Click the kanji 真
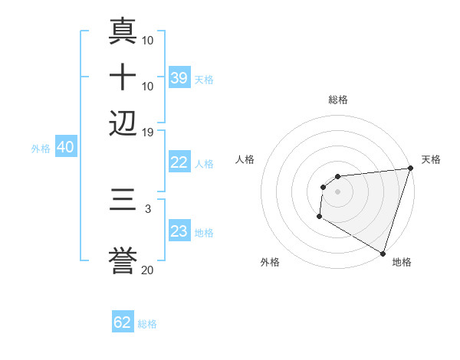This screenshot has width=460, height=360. click(123, 31)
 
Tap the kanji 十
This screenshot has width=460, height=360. click(123, 77)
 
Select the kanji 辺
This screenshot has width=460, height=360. click(123, 123)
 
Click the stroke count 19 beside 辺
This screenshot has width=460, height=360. click(148, 132)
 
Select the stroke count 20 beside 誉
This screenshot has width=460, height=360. click(148, 270)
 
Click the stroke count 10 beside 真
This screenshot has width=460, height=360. click(148, 40)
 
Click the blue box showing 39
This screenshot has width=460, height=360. click(179, 78)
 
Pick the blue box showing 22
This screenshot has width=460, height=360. click(179, 162)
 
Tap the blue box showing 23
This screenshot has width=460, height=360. click(179, 231)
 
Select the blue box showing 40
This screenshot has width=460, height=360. click(65, 147)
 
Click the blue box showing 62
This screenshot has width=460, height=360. click(123, 322)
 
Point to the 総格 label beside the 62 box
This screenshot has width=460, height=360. click(147, 324)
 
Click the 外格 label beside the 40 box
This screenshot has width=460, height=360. click(41, 149)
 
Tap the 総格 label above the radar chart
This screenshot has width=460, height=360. click(338, 100)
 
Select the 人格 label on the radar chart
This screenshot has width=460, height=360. click(245, 159)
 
